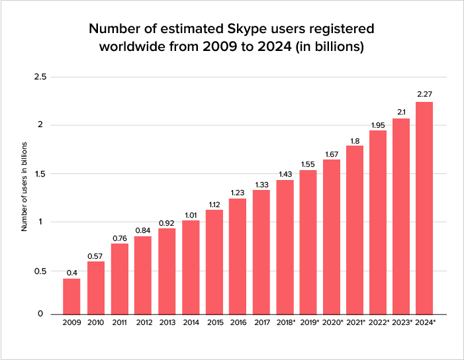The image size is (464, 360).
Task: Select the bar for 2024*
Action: click(x=424, y=208)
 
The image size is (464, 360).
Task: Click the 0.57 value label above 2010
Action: click(x=95, y=255)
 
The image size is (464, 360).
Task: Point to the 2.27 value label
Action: click(x=424, y=95)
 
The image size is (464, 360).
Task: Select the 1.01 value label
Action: click(x=191, y=214)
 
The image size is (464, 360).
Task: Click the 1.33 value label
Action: click(x=261, y=184)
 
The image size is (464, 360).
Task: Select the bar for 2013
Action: click(x=167, y=271)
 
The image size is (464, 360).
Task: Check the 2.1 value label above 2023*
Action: click(x=400, y=112)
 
